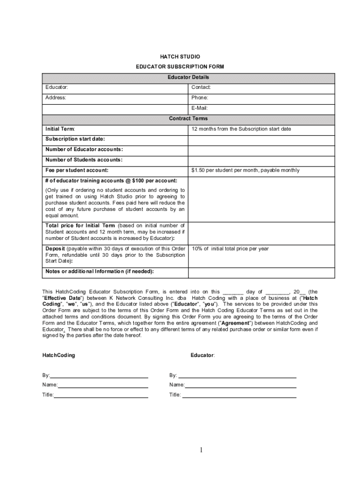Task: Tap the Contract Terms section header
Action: [x=188, y=119]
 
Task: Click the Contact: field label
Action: [x=201, y=87]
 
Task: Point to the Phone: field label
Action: [x=200, y=98]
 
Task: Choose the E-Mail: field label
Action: [x=200, y=108]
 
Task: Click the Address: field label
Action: [x=56, y=98]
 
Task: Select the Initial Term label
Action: [x=60, y=129]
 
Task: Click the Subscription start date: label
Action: [x=75, y=139]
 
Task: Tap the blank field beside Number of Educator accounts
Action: [x=261, y=150]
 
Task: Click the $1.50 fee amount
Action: [x=200, y=170]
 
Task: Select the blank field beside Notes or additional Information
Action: [x=261, y=272]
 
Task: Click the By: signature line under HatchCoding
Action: [x=99, y=375]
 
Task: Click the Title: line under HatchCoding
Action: [x=101, y=395]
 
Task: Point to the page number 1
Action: [x=201, y=450]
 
